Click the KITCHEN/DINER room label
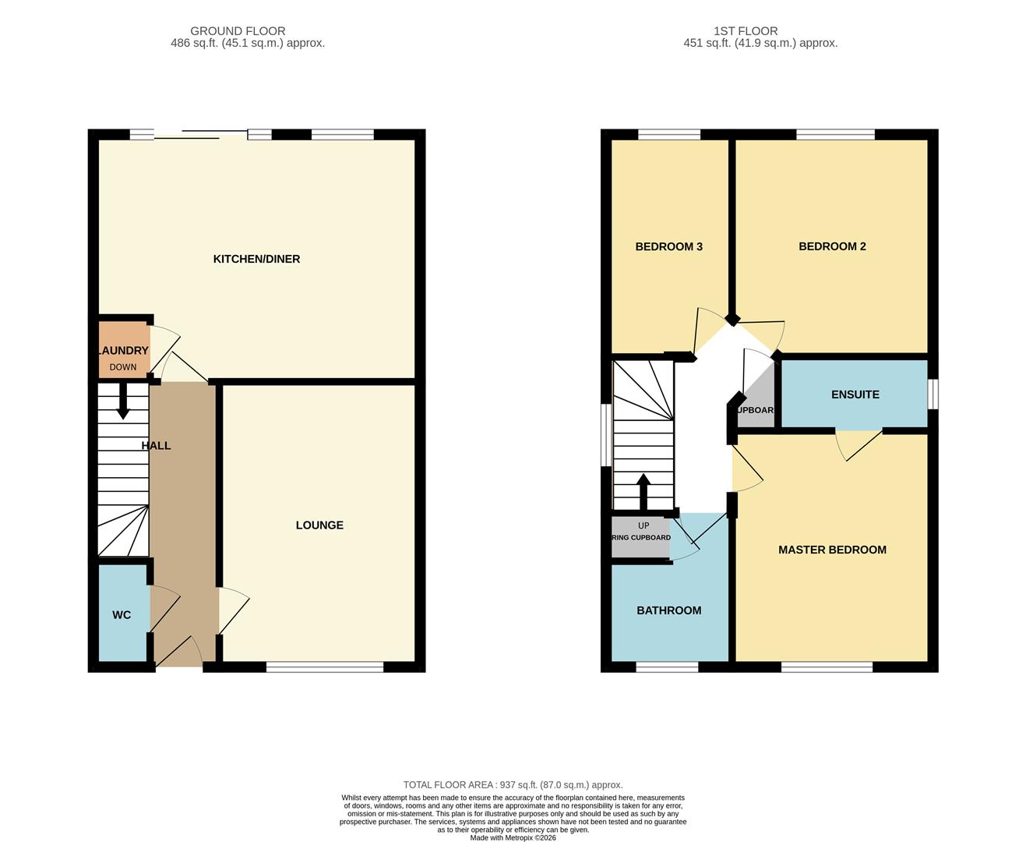click(x=256, y=259)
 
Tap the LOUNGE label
click(x=319, y=525)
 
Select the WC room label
click(x=122, y=615)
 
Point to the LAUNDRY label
click(x=123, y=351)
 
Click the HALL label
click(x=156, y=446)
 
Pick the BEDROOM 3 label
click(x=668, y=246)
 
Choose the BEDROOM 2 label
click(x=832, y=246)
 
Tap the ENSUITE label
click(x=855, y=394)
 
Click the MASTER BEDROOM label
click(x=832, y=550)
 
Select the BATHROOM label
click(x=668, y=610)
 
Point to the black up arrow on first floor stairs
click(x=643, y=491)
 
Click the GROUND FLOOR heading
click(x=238, y=31)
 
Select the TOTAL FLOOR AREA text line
click(x=513, y=785)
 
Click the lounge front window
click(x=325, y=667)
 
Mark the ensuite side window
click(x=933, y=394)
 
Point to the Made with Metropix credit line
click(x=513, y=837)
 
